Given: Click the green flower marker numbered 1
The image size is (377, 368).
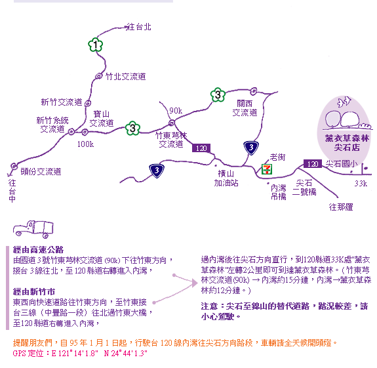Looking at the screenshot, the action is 96,45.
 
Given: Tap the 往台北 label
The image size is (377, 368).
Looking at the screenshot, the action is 139,27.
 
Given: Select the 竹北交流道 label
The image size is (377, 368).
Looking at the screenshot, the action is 126,77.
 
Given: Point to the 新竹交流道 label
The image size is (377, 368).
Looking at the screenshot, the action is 62,102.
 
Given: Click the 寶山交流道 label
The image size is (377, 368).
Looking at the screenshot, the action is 102,118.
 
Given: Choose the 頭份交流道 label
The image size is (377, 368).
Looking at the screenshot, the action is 41,171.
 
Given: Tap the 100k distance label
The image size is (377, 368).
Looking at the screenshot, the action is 85,144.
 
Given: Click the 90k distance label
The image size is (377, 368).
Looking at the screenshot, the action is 176,111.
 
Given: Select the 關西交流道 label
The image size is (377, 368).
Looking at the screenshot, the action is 245,108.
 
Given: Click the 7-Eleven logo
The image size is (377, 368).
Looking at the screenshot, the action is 267,169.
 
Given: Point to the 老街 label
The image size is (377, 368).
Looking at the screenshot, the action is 278,157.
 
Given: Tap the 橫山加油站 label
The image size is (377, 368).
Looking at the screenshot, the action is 226,178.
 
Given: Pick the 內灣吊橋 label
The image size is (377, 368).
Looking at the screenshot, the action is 279,192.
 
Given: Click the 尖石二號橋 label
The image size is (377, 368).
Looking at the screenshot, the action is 304,188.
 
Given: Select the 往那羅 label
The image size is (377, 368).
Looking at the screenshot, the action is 341,207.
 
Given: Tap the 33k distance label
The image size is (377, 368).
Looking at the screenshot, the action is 361,184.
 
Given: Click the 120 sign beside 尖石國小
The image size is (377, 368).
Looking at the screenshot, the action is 313,164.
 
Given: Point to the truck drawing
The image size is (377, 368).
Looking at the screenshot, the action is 33,229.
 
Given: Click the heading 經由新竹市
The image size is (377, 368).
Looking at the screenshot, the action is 34,292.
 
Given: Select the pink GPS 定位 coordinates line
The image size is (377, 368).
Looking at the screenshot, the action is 80,354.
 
